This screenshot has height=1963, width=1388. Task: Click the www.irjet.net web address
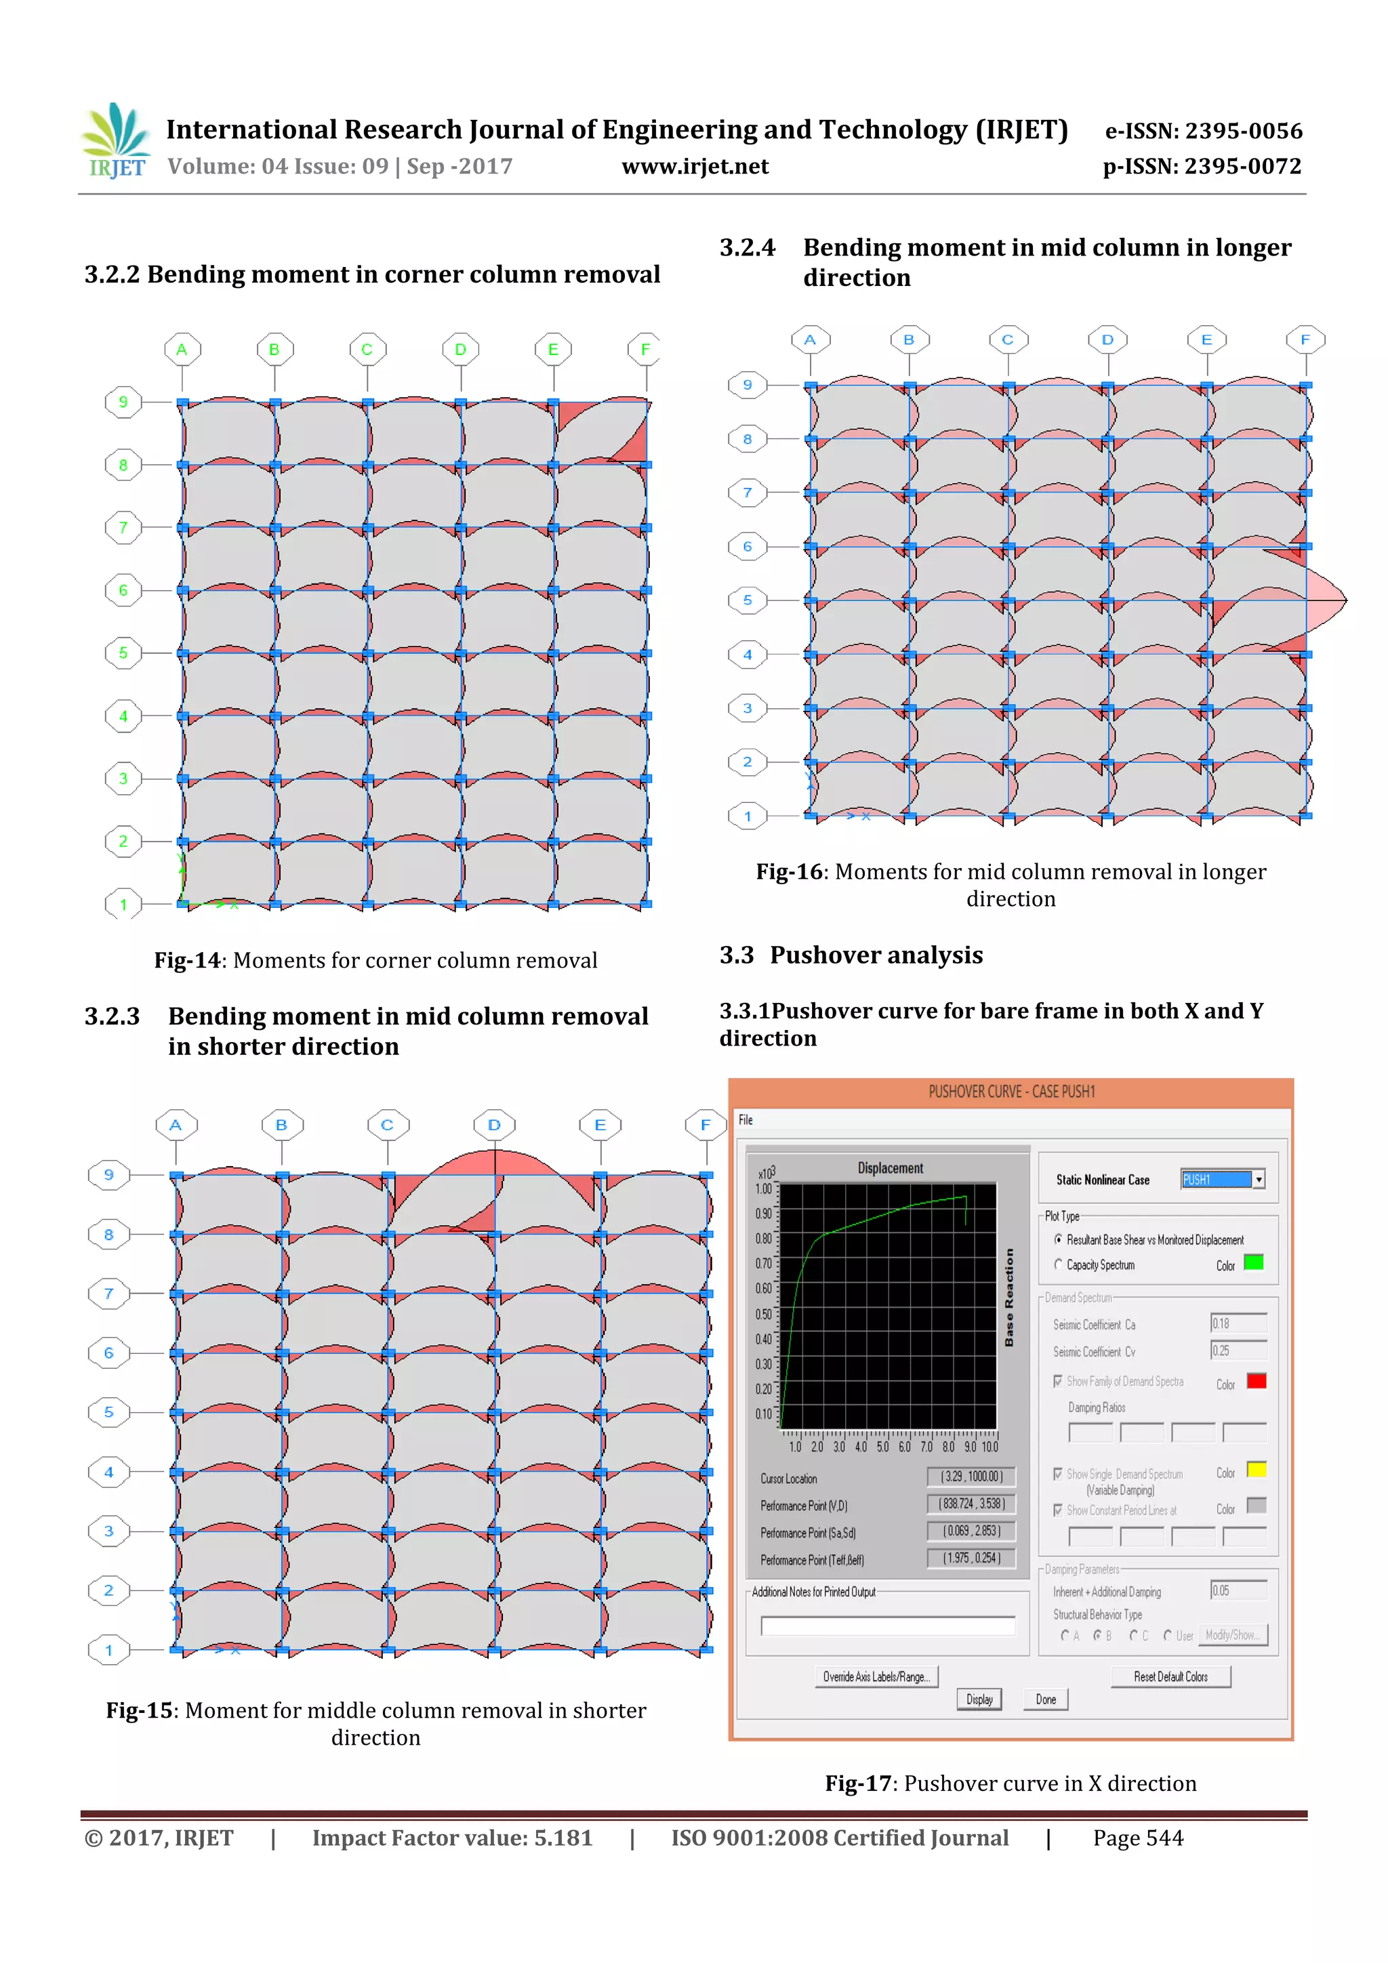[695, 167]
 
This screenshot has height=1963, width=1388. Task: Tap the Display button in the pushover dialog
[979, 1699]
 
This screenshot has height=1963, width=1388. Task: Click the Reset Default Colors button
[1170, 1676]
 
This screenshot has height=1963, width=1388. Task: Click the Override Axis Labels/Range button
[876, 1676]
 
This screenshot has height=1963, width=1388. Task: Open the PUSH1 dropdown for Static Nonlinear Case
[1258, 1179]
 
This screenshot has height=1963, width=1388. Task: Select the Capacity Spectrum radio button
[1058, 1264]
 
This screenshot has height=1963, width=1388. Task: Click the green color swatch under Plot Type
[1253, 1262]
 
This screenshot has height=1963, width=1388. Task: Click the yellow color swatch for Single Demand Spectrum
[1255, 1470]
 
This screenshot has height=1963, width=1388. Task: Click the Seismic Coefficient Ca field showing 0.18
[1238, 1323]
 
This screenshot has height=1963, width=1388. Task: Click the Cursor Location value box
[971, 1476]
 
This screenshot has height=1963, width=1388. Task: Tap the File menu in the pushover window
[746, 1120]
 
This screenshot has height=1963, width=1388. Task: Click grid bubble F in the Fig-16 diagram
[1305, 339]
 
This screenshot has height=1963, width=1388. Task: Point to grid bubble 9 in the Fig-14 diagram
[123, 402]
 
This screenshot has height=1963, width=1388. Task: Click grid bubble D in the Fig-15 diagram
[493, 1125]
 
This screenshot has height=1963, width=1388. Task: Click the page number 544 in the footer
[1137, 1838]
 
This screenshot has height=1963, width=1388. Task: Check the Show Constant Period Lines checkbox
[1058, 1510]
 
